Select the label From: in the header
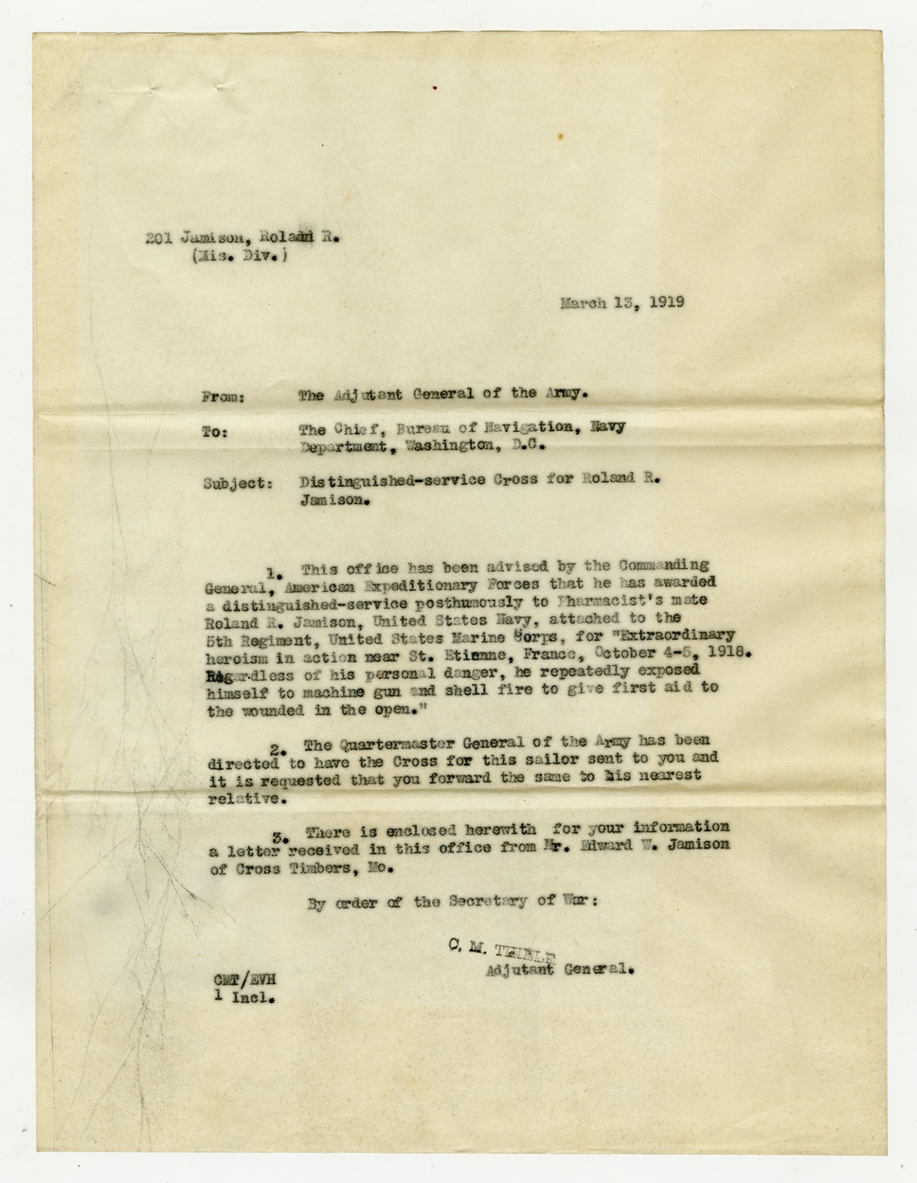pos(223,398)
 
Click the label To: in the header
pos(215,432)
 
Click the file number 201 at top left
pos(158,239)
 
